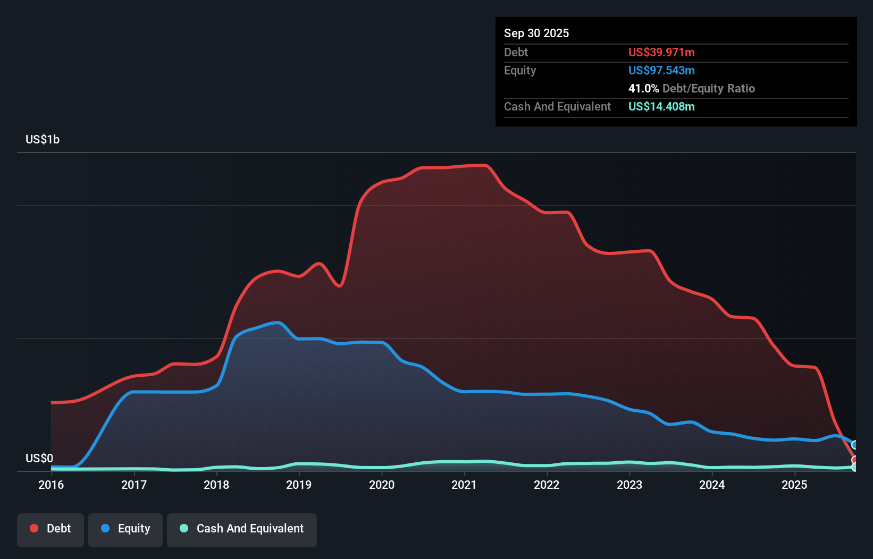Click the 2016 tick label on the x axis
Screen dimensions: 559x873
point(51,485)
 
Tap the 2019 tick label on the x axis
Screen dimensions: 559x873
point(299,485)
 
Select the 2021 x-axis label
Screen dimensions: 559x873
point(464,485)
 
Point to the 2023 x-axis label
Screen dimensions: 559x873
point(629,485)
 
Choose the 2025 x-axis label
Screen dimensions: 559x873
point(794,485)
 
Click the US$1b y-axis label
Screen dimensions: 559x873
point(43,140)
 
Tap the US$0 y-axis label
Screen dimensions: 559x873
point(39,458)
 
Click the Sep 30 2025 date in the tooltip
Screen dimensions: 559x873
point(536,33)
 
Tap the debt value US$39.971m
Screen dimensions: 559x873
point(661,52)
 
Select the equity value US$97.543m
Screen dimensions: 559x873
point(661,70)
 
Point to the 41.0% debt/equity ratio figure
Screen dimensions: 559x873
point(643,88)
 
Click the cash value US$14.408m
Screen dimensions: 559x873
point(661,106)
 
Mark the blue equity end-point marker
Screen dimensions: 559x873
point(855,445)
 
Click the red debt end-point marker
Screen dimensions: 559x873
point(855,460)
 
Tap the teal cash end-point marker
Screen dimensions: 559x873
point(855,467)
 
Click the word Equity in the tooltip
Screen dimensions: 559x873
point(520,70)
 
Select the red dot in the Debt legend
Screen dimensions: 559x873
point(34,528)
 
